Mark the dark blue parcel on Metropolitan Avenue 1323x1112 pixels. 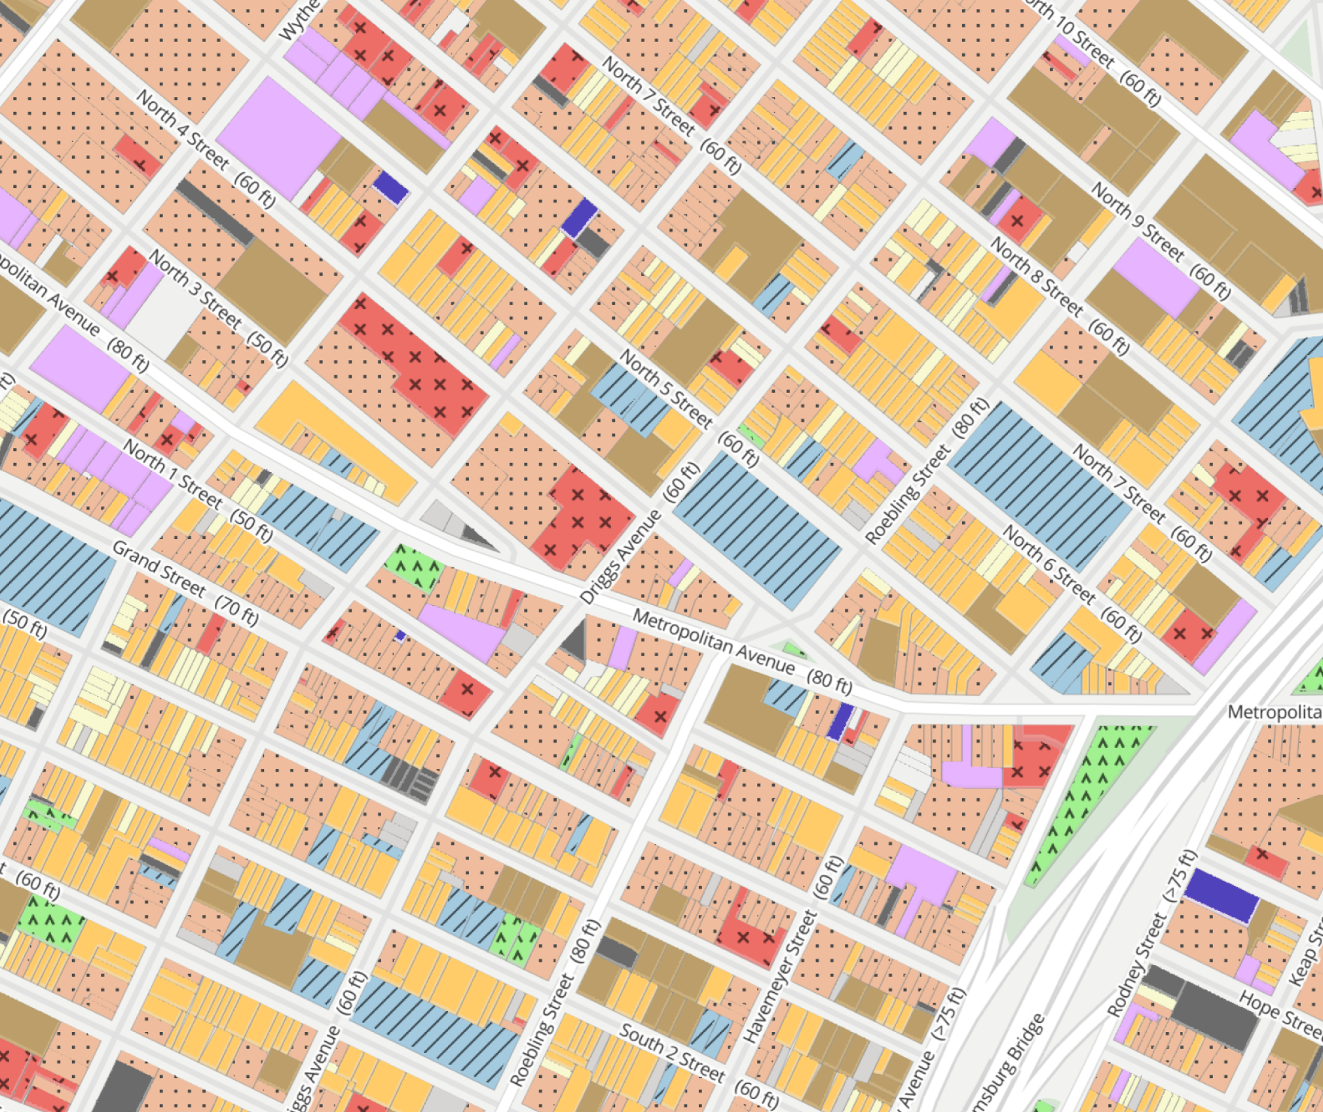[x=840, y=721]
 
